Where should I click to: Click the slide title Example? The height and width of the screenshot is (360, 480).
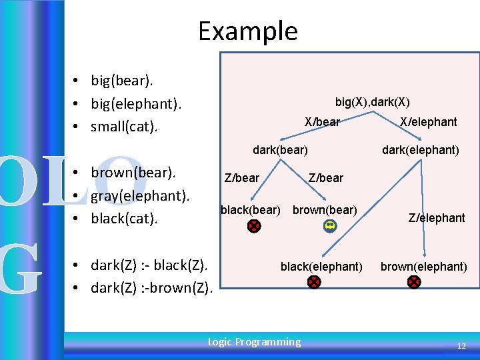248,31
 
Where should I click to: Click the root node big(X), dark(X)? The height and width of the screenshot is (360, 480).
372,102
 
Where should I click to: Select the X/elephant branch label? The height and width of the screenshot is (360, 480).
428,121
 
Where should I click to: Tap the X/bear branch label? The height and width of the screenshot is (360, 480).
322,121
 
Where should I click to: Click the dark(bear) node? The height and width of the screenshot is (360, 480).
280,150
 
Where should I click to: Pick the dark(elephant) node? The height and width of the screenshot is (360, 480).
420,150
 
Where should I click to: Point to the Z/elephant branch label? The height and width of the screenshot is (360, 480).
437,218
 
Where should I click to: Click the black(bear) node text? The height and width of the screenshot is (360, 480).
250,210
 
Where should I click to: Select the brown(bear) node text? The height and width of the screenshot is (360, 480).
325,210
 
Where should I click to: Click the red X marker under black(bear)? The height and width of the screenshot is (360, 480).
254,226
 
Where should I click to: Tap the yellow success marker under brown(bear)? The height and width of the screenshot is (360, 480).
329,226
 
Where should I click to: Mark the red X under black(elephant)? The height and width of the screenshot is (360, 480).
314,282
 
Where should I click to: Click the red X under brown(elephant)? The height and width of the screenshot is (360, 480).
414,282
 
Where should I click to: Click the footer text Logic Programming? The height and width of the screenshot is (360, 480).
254,342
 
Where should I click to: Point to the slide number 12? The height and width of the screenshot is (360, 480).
461,347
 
